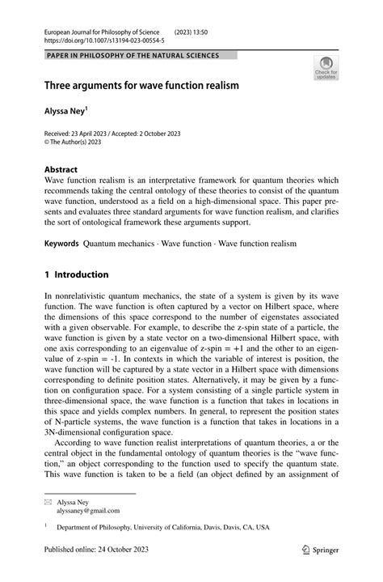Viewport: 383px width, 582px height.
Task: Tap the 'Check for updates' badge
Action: point(326,67)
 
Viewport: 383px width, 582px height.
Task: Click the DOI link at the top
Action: point(95,40)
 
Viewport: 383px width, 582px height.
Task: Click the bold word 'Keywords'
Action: point(61,243)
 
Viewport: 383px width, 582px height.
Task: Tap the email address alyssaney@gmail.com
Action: point(89,511)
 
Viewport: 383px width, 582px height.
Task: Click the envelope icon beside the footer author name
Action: point(49,502)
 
